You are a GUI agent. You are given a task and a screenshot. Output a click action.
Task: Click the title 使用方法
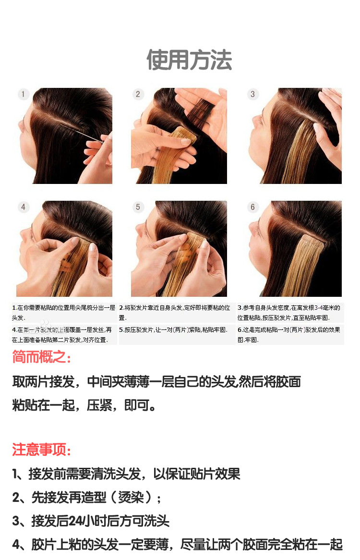tap(189, 60)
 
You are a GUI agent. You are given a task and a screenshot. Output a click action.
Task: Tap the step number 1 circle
tap(23, 94)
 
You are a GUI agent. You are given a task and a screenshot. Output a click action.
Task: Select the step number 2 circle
tap(138, 94)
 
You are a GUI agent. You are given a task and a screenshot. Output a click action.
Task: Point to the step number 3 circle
tap(253, 94)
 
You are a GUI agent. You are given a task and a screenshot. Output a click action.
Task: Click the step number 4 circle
tap(23, 207)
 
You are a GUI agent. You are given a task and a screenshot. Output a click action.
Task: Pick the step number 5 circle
tap(138, 207)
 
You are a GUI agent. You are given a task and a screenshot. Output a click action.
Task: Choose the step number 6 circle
tap(253, 207)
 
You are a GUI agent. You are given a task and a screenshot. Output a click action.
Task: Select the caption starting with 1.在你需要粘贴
tap(63, 312)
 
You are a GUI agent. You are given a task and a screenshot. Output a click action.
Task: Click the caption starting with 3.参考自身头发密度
tap(289, 312)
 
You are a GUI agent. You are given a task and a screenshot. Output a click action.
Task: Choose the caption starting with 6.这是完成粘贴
tap(289, 334)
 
